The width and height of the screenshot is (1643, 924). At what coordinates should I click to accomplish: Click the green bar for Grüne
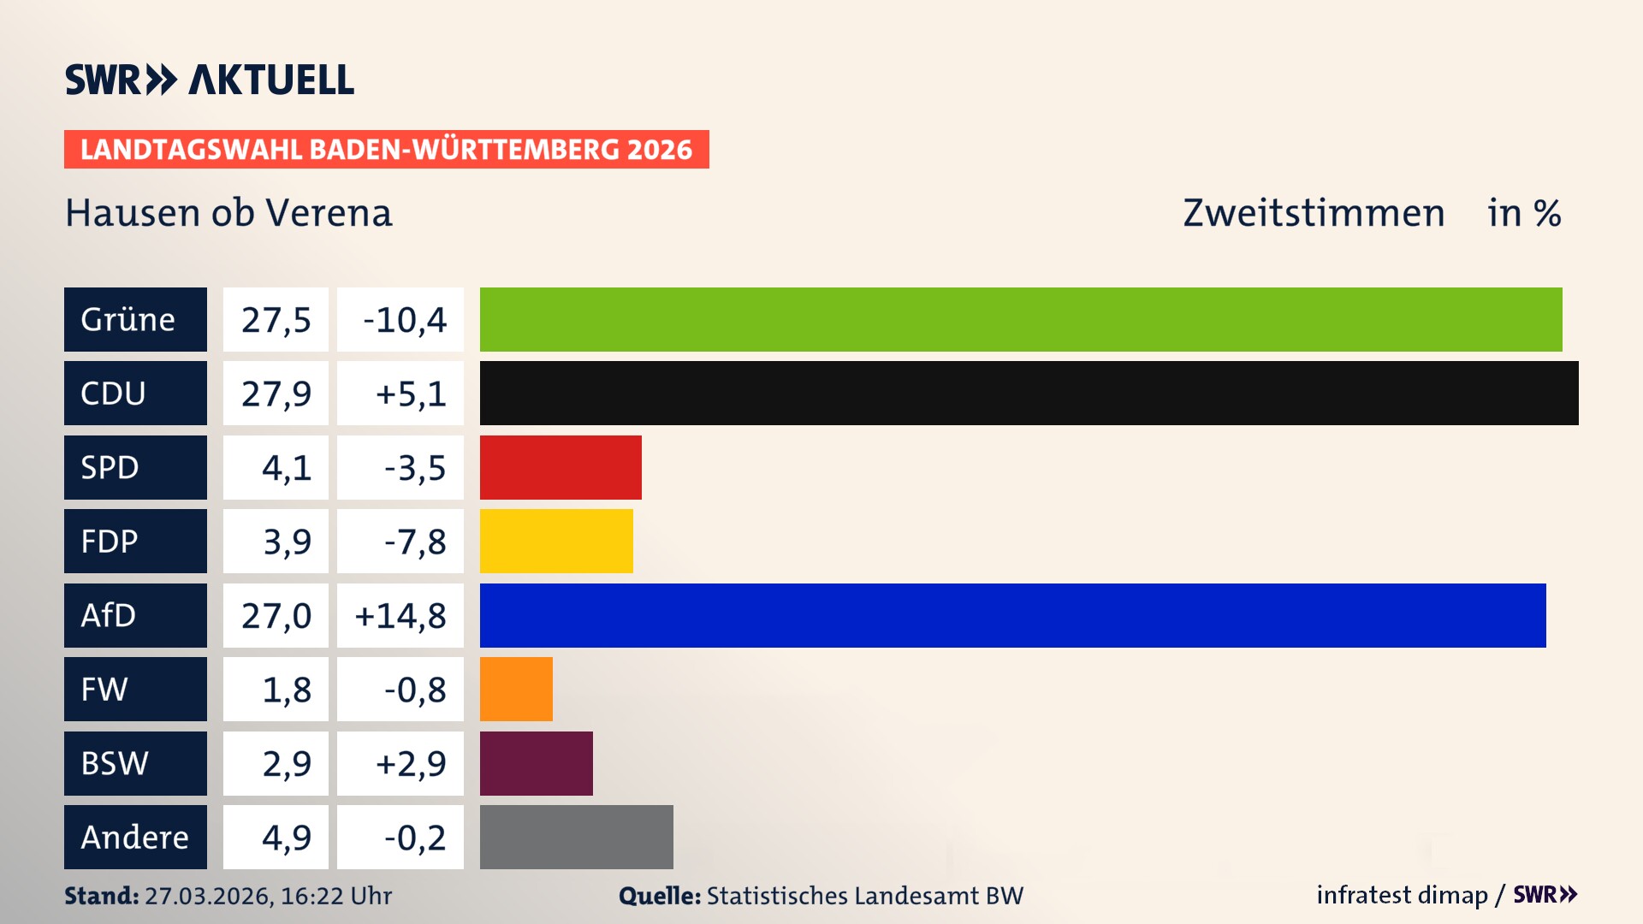coord(1021,319)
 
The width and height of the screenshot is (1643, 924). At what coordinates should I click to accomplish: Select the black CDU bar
coord(1029,393)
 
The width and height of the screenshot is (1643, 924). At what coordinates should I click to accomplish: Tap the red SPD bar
coord(561,467)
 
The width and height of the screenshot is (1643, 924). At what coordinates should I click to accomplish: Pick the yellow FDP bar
coord(556,541)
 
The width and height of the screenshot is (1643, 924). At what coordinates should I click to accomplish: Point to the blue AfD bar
coord(1012,615)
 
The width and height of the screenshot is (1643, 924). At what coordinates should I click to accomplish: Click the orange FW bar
coord(516,689)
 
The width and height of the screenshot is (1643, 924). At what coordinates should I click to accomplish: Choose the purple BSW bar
coord(536,763)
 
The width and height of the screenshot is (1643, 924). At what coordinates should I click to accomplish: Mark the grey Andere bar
coord(576,837)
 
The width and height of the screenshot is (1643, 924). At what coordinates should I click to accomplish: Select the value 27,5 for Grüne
coord(276,319)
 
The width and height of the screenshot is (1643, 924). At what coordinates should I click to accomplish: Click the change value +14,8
coord(400,615)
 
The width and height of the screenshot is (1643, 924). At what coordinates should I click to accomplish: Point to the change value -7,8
coord(414,541)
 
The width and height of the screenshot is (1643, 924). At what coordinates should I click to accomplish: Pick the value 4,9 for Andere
coord(286,837)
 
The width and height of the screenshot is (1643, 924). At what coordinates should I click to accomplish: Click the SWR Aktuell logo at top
coord(210,80)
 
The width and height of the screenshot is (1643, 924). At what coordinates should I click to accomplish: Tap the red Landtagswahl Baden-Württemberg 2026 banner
coord(386,149)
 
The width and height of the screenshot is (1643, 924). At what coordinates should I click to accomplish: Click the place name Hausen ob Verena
coord(228,212)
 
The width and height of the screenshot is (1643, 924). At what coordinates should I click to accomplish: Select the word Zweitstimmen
coord(1314,212)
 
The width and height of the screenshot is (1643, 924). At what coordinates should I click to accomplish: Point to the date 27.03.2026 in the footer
coord(208,896)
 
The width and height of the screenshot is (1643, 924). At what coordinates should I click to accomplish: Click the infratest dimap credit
coord(1402,895)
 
